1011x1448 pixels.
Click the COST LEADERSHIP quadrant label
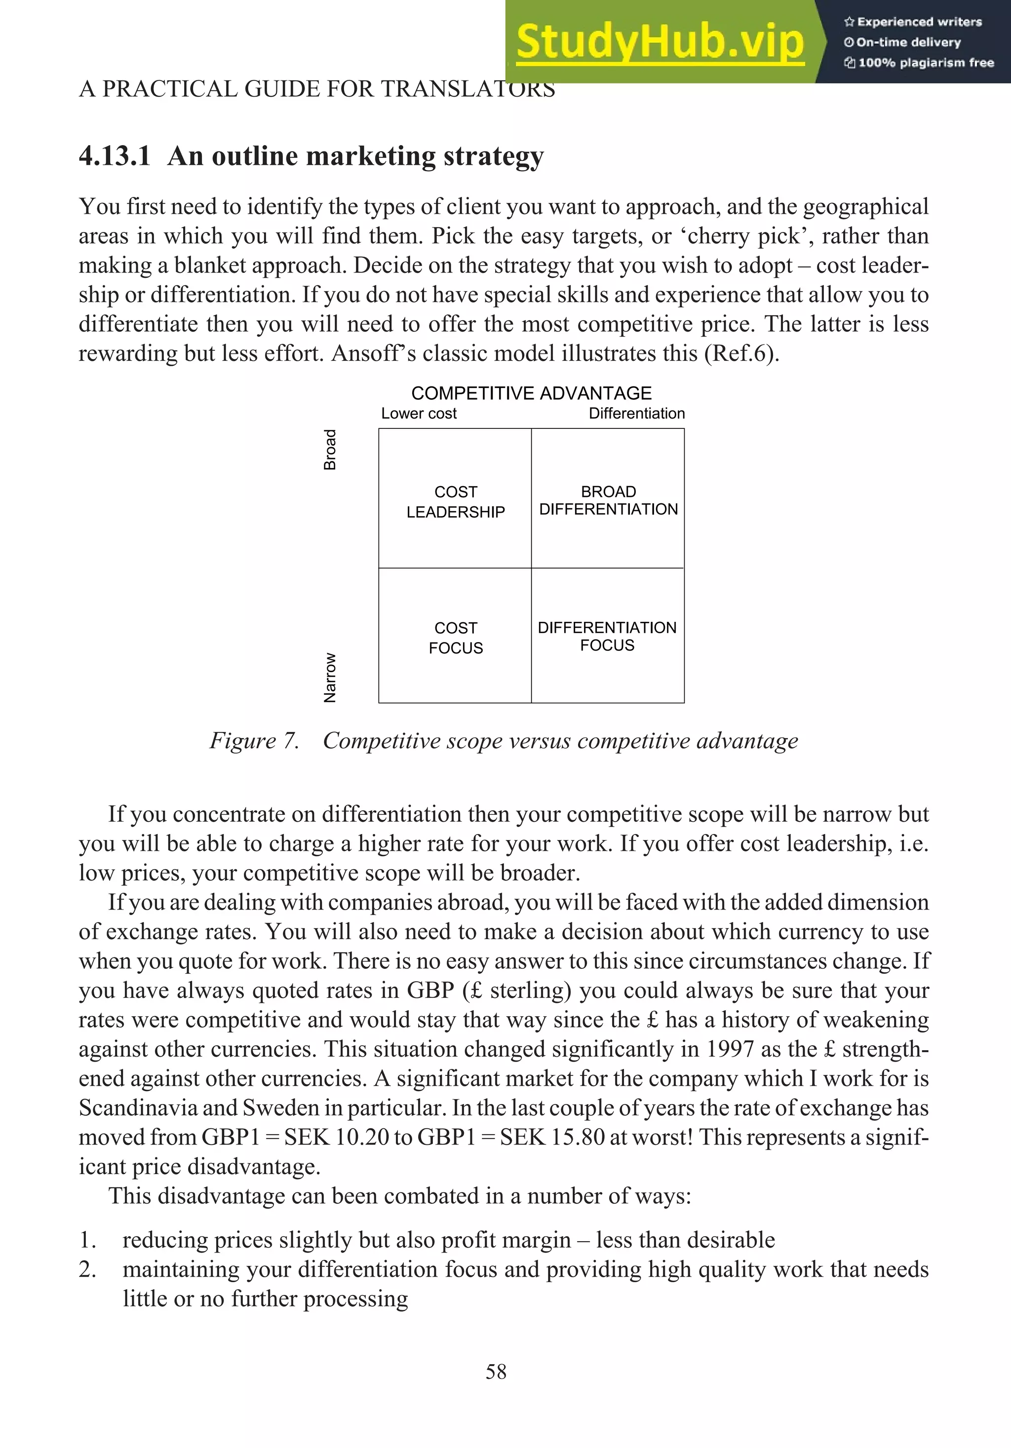pyautogui.click(x=455, y=502)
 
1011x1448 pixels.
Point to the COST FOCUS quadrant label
pyautogui.click(x=455, y=638)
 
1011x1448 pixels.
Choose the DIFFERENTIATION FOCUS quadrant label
pyautogui.click(x=607, y=636)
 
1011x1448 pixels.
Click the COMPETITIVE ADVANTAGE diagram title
pyautogui.click(x=531, y=393)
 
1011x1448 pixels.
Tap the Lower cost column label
pyautogui.click(x=419, y=414)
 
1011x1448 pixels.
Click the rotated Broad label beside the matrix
pyautogui.click(x=330, y=450)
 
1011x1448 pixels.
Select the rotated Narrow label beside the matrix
pyautogui.click(x=330, y=677)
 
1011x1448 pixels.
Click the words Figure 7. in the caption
pyautogui.click(x=254, y=740)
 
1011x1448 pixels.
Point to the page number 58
pyautogui.click(x=496, y=1372)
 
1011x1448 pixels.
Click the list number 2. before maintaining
pyautogui.click(x=88, y=1269)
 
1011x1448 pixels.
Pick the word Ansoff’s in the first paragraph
pyautogui.click(x=373, y=354)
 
